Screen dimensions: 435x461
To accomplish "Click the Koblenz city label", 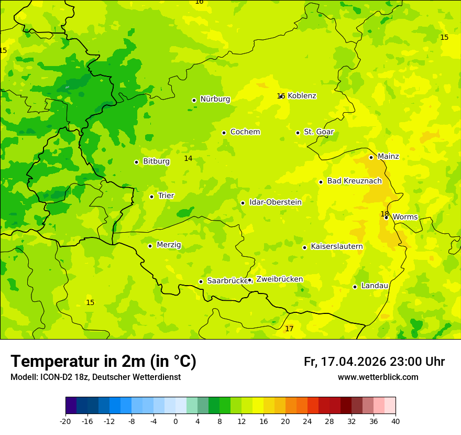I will click(302, 96).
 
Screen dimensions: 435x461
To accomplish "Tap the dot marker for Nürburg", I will click(194, 100).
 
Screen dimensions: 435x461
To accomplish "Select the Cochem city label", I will click(245, 132).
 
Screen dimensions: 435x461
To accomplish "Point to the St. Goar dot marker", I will click(298, 133).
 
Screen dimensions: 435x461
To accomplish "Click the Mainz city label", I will click(388, 157).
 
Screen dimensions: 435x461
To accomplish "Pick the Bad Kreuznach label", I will click(354, 181).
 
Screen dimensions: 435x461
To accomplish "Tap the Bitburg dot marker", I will click(136, 162).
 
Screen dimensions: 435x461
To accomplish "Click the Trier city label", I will click(166, 196).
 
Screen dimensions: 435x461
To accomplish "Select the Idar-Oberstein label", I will click(276, 202).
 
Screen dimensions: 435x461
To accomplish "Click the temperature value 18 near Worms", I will click(385, 214).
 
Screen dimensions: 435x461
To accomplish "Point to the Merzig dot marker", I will click(150, 246).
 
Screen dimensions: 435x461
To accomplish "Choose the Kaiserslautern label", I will click(337, 246).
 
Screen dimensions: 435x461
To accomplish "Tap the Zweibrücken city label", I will click(279, 279).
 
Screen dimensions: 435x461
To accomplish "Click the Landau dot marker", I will click(355, 287).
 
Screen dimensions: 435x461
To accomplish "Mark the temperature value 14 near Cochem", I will click(188, 159).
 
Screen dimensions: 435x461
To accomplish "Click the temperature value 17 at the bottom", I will click(289, 329).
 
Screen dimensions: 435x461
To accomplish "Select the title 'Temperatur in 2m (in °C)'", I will click(103, 362).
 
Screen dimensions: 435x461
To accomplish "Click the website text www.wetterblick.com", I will click(378, 377).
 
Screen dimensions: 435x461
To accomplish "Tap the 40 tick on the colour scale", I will click(396, 421).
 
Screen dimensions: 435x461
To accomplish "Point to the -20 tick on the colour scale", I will click(65, 421).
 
